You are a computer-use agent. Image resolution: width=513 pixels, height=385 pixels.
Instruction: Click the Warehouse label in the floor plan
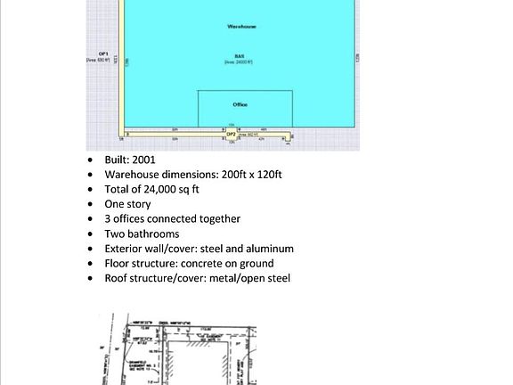click(x=240, y=27)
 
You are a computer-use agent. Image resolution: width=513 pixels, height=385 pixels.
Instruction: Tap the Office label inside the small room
click(x=240, y=104)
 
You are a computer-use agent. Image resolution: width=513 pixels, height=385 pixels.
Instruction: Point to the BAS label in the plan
click(x=240, y=55)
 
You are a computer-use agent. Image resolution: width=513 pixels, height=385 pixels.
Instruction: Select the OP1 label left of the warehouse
click(x=103, y=55)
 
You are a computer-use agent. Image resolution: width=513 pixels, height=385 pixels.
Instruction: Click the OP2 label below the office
click(x=231, y=134)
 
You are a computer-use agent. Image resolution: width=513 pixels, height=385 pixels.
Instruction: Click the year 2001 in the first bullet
click(x=142, y=160)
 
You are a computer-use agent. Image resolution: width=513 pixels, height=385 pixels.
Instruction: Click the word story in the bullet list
click(x=142, y=204)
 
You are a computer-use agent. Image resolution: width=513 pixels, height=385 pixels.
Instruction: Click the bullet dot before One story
click(x=90, y=205)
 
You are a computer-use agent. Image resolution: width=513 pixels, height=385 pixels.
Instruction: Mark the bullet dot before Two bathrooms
click(x=90, y=234)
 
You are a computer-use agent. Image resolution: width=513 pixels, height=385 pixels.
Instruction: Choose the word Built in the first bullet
click(x=117, y=160)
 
